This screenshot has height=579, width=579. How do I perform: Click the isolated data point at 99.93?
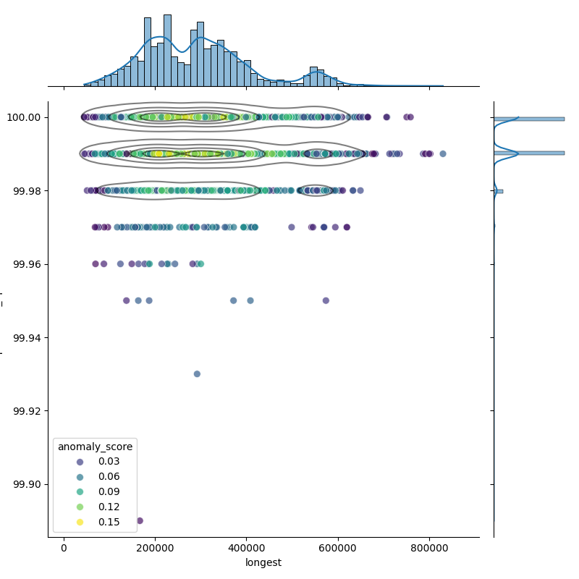(x=197, y=374)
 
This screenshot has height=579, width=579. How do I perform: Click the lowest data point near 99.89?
(x=140, y=520)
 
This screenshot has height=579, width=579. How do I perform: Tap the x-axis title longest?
(x=263, y=562)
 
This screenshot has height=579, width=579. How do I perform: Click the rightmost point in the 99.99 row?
(x=443, y=153)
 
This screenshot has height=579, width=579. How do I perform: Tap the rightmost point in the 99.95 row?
(x=326, y=300)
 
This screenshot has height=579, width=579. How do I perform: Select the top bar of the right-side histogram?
(x=528, y=118)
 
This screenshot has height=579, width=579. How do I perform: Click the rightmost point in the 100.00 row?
(x=410, y=117)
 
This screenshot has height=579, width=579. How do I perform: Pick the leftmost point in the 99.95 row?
(x=126, y=300)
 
